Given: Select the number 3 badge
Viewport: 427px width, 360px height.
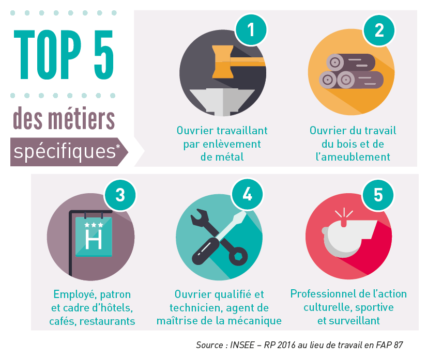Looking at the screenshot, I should (x=120, y=195).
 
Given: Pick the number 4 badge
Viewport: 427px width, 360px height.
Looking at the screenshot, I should (x=247, y=195).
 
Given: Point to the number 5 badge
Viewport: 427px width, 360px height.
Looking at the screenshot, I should (x=378, y=195).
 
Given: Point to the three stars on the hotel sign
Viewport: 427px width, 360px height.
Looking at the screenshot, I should (x=94, y=225).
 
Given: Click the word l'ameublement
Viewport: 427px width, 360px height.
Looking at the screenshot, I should (x=353, y=156).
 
